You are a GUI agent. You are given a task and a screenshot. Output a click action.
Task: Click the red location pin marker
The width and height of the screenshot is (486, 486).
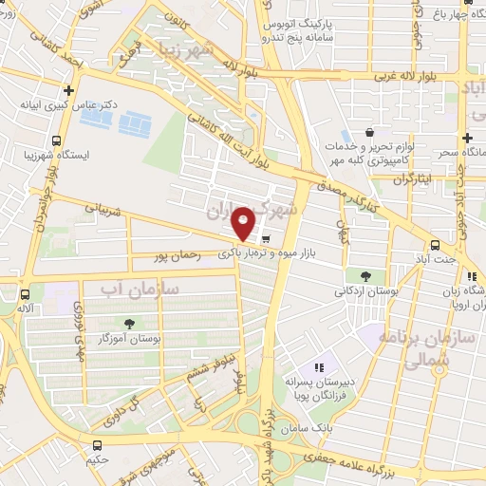[x=244, y=223]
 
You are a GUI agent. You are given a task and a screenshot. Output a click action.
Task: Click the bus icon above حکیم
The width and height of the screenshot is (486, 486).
[x=97, y=445]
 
